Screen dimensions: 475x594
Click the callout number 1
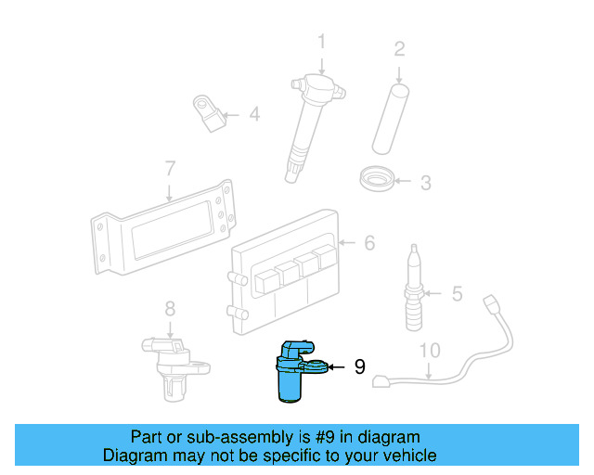point(321,42)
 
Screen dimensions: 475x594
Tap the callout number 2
point(399,48)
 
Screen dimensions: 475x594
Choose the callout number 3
point(424,183)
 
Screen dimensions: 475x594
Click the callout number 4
point(253,115)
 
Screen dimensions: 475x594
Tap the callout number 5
point(456,294)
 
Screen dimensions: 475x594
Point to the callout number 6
point(368,243)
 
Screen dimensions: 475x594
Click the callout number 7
point(169,169)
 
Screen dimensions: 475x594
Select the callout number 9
point(359,367)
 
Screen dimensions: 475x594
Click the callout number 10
point(429,351)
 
